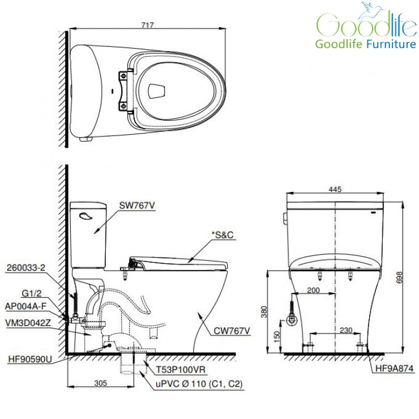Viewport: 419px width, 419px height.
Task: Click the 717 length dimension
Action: click(148, 25)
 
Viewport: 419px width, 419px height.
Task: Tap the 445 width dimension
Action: click(335, 189)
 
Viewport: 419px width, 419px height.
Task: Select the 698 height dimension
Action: click(399, 277)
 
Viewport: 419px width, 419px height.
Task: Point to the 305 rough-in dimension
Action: click(100, 383)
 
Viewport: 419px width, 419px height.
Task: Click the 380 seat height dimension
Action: click(264, 311)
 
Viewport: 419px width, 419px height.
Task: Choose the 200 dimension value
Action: click(314, 290)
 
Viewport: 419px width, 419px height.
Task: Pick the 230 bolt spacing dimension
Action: click(346, 330)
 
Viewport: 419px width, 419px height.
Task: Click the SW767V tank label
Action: click(137, 206)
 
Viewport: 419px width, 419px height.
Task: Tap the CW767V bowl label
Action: click(232, 331)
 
